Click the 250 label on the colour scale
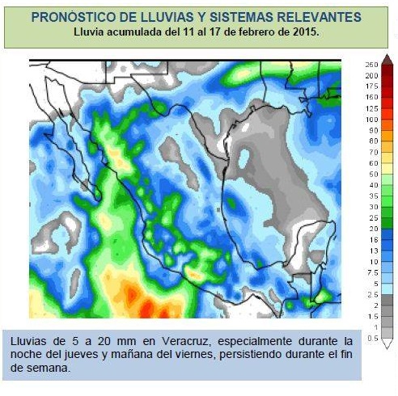pos(372,64)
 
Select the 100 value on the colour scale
pos(372,119)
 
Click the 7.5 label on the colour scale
pos(373,273)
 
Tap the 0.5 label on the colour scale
pos(373,339)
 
